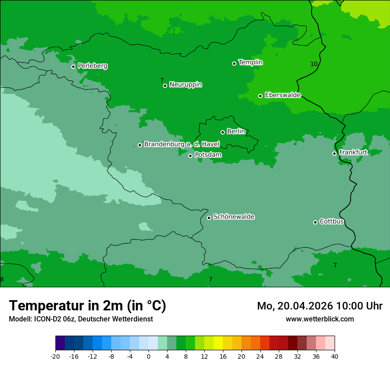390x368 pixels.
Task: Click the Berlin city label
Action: pos(236,131)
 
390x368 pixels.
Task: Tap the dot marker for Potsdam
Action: pos(190,156)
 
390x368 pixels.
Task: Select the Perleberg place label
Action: pos(92,66)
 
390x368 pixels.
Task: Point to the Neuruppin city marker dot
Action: pos(165,86)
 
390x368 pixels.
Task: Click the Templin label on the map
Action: pos(250,63)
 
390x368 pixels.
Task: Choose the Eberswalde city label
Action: pos(283,95)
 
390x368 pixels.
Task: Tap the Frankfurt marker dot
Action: pos(334,153)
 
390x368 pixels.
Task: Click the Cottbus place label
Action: pos(331,221)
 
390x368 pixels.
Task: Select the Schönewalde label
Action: pos(234,217)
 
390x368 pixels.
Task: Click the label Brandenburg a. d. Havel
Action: pos(182,145)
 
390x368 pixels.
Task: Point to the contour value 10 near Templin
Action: pos(314,64)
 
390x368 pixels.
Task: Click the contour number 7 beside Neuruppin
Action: pos(162,80)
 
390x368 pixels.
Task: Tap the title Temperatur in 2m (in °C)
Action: pos(87,305)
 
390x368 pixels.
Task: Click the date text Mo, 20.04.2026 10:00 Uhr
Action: pos(320,306)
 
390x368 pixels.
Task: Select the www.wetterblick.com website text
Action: pos(320,319)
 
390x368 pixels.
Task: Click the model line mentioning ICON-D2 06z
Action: pos(81,319)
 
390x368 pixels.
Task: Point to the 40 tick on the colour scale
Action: pos(334,356)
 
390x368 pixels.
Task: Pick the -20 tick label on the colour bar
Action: pos(55,356)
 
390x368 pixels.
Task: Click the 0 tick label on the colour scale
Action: pos(148,356)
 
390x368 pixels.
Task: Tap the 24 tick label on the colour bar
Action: pos(260,356)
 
